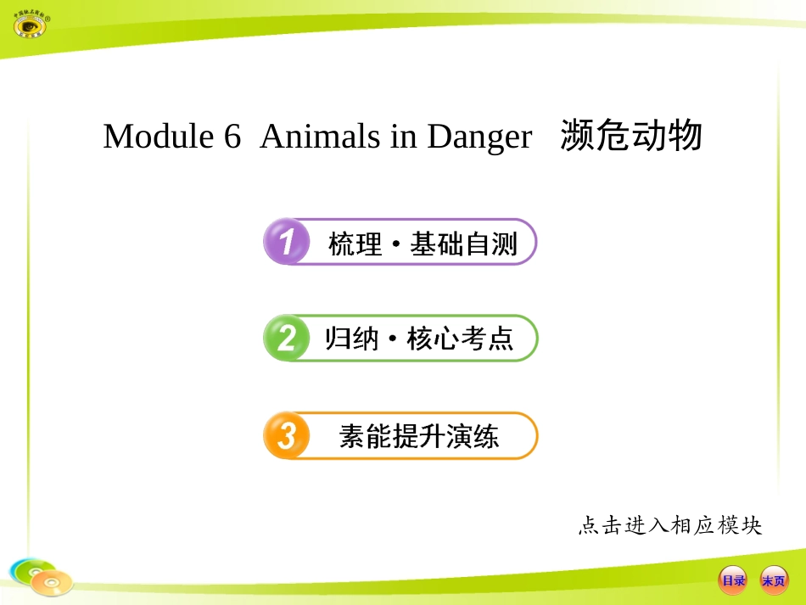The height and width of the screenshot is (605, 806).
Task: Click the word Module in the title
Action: pos(159,137)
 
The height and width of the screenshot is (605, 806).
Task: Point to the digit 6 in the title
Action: pos(233,137)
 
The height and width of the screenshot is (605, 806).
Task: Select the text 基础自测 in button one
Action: pos(463,244)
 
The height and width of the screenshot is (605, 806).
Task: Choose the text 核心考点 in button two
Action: pos(461,340)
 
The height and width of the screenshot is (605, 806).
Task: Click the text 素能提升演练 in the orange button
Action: pos(419,437)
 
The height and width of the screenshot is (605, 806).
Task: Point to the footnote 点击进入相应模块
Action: pos(670,526)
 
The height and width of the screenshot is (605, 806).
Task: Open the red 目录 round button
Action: pos(733,580)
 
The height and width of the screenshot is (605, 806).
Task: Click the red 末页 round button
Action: pos(774,580)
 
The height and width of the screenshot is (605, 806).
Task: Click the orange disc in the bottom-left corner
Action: pos(52,583)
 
